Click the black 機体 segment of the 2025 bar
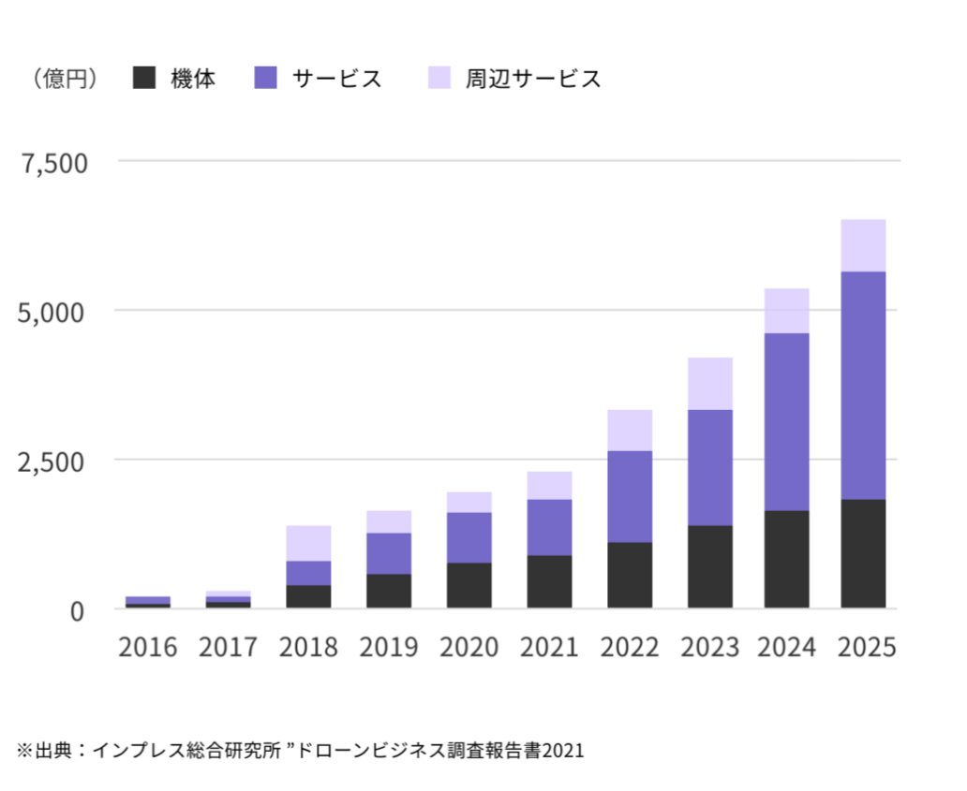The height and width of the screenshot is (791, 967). point(863,553)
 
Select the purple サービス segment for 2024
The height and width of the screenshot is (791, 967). point(786,421)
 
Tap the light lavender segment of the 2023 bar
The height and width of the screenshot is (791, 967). point(709,383)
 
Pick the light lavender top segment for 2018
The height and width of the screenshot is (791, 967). point(308,543)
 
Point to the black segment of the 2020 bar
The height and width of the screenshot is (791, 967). point(469,585)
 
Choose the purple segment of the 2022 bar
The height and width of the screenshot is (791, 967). point(630,496)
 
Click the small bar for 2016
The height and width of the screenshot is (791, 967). point(148,601)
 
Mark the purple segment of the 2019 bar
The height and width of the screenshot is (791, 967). point(389,553)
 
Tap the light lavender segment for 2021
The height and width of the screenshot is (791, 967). point(549,485)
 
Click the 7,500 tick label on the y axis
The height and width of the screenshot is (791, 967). point(55,163)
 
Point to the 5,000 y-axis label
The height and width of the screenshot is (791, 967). point(55,312)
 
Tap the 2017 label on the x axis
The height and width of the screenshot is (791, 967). point(228,648)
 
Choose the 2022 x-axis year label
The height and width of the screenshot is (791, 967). point(630,648)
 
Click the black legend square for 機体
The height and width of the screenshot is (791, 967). point(144,79)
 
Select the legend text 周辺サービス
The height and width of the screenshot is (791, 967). point(533,79)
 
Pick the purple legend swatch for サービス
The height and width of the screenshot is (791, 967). point(265,79)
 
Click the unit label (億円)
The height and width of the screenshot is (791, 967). point(65,79)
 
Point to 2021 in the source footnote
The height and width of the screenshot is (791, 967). point(564,751)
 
